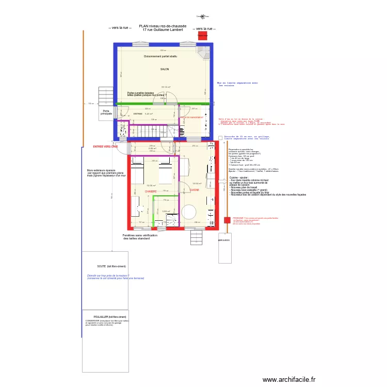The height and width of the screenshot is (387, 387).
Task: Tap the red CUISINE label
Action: (195, 190)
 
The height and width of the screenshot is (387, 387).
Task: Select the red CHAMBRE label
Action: (150, 191)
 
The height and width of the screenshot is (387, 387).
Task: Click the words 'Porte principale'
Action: (106, 112)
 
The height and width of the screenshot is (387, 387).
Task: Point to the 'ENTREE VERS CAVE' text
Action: (105, 147)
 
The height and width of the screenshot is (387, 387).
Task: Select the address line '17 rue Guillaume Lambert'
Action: (163, 30)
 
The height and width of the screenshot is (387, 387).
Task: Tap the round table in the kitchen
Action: (188, 212)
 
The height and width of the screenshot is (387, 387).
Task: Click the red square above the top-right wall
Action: (203, 36)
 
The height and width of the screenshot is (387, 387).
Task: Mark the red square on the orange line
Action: (227, 220)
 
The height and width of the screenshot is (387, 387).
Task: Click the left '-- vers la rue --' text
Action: (120, 28)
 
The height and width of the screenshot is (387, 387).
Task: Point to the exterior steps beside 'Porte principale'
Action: (105, 96)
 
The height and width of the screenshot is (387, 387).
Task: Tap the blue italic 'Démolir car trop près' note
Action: (115, 277)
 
